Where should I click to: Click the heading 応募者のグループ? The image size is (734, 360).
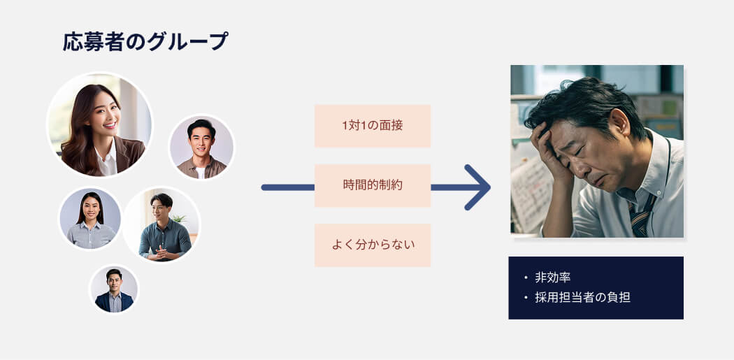tap(145, 41)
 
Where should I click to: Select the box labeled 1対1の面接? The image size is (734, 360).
tap(373, 126)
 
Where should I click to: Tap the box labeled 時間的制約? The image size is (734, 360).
tap(373, 185)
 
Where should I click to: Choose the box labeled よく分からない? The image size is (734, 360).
tap(373, 245)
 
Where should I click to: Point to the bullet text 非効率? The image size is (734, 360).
tap(553, 278)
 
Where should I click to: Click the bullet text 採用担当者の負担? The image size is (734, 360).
tap(583, 298)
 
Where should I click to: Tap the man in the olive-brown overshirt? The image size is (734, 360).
tap(202, 147)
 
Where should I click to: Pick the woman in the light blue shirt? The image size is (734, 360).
tap(90, 219)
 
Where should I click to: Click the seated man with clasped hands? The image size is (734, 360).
tap(162, 224)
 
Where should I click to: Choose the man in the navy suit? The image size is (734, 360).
tap(114, 289)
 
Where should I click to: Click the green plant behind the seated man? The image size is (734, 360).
tap(179, 218)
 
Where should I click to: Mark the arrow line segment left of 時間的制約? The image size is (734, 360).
tap(288, 187)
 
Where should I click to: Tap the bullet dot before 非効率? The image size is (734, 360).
tap(526, 278)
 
